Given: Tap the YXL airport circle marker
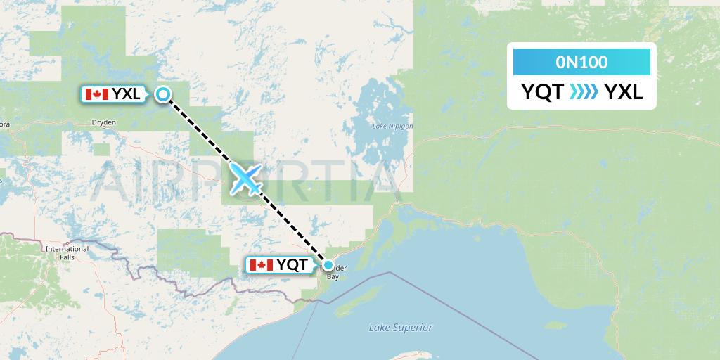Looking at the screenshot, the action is coord(163,94).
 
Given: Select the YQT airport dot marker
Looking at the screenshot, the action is coord(328,265).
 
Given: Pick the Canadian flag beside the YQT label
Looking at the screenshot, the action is coord(261,265).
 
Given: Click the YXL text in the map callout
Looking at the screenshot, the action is coord(125,94).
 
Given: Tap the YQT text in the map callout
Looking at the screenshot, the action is coord(292,265).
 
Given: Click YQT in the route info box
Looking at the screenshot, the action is coord(542,92).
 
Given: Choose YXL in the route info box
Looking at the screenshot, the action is coord(624,92).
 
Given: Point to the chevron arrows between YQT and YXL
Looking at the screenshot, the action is coord(584,92).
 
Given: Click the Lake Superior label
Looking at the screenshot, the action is coord(401,328).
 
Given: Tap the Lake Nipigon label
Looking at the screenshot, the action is coord(392,127).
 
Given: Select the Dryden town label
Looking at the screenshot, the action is coord(103,122).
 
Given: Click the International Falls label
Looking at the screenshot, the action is coord(67,252).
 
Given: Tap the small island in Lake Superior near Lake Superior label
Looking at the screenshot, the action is coord(555,326).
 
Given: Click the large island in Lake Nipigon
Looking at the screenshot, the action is coord(376,105).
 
